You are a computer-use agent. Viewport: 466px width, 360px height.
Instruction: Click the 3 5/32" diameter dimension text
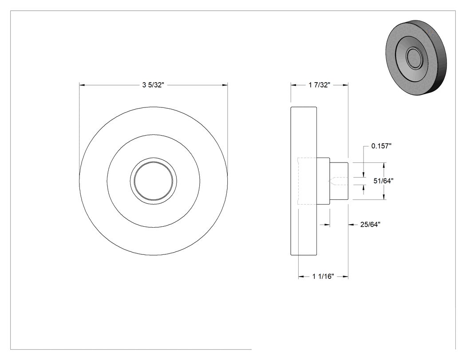point(153,85)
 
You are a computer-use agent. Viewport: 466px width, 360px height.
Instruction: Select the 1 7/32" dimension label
point(320,85)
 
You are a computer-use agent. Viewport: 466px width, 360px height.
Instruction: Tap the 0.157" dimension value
point(381,146)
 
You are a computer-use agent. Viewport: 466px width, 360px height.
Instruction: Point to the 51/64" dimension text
point(383,181)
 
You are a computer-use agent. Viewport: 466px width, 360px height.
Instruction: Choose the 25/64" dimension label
point(370,225)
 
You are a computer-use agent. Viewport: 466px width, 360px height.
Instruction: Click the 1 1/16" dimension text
point(323,277)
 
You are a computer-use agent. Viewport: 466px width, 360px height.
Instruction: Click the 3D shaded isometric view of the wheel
point(416,58)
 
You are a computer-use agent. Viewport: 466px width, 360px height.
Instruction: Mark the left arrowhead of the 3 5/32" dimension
point(82,85)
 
